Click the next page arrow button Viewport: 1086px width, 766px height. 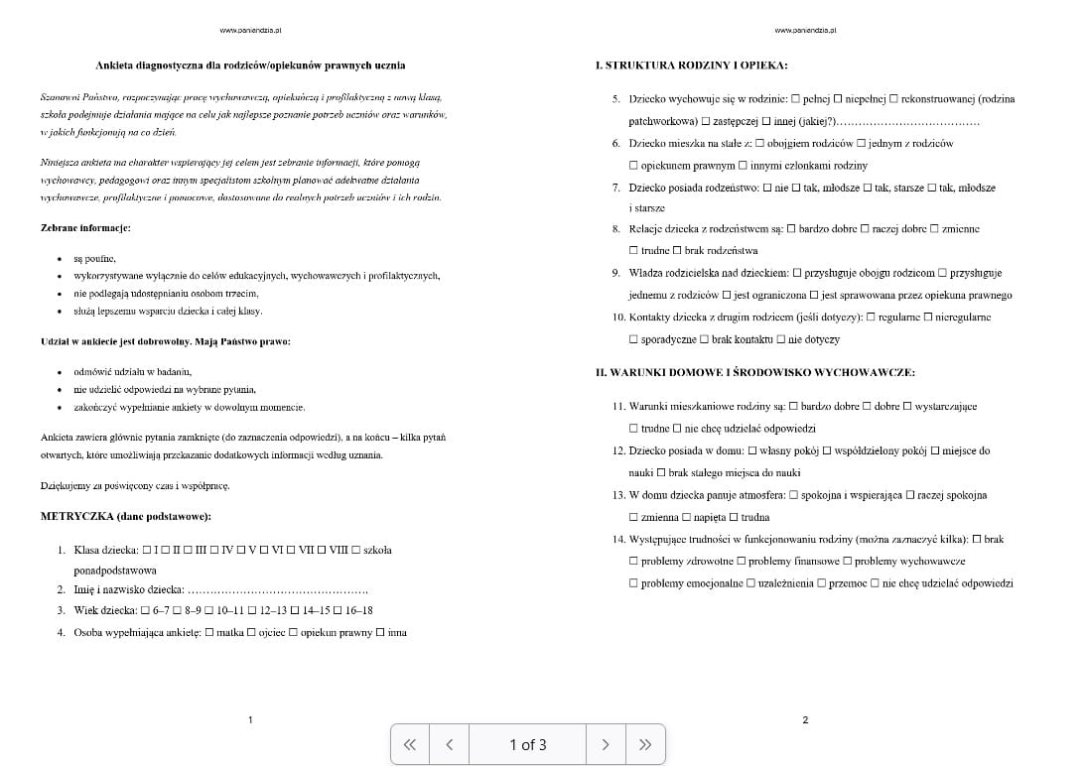coord(605,744)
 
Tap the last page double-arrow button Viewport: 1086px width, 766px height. coord(645,744)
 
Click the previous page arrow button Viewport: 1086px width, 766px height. coord(450,744)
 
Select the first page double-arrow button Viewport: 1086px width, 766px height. coord(409,744)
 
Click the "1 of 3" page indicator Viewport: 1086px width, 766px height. coord(527,744)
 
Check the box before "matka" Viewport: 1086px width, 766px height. coord(208,632)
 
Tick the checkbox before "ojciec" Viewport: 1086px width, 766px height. coord(251,632)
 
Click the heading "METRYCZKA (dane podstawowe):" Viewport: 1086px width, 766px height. coord(125,516)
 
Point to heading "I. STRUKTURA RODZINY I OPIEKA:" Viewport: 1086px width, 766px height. coord(691,65)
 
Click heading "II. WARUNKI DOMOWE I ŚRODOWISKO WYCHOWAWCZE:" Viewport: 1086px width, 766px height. coord(754,372)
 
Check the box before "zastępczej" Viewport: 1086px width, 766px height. coord(706,121)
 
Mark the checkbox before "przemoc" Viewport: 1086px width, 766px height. coord(820,583)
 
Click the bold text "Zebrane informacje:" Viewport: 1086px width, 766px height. coord(85,227)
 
